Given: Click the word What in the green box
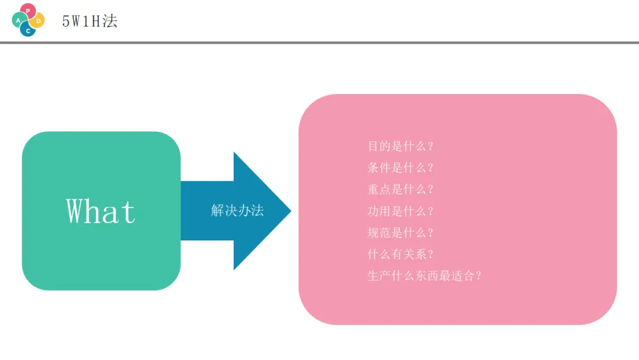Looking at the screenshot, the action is pos(101,211).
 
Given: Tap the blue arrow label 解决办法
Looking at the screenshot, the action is pos(237,210).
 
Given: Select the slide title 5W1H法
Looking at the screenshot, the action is pos(90,21).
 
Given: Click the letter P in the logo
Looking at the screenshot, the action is pos(28,11).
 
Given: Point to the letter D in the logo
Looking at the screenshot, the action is pos(39,21).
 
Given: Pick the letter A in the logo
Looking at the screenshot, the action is pos(18,20).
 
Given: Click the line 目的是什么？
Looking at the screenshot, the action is pos(401,146).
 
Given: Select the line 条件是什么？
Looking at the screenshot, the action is pos(401,168).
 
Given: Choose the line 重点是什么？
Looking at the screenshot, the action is pos(401,189).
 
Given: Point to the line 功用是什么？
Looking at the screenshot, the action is pos(401,211).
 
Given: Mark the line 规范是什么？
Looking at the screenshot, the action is pos(401,233).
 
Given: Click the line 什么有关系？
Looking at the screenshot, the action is pos(401,254).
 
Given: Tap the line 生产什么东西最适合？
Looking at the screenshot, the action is pos(424,276).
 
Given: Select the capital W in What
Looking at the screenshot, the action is pos(76,211).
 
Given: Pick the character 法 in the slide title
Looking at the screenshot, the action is pos(110,21).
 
